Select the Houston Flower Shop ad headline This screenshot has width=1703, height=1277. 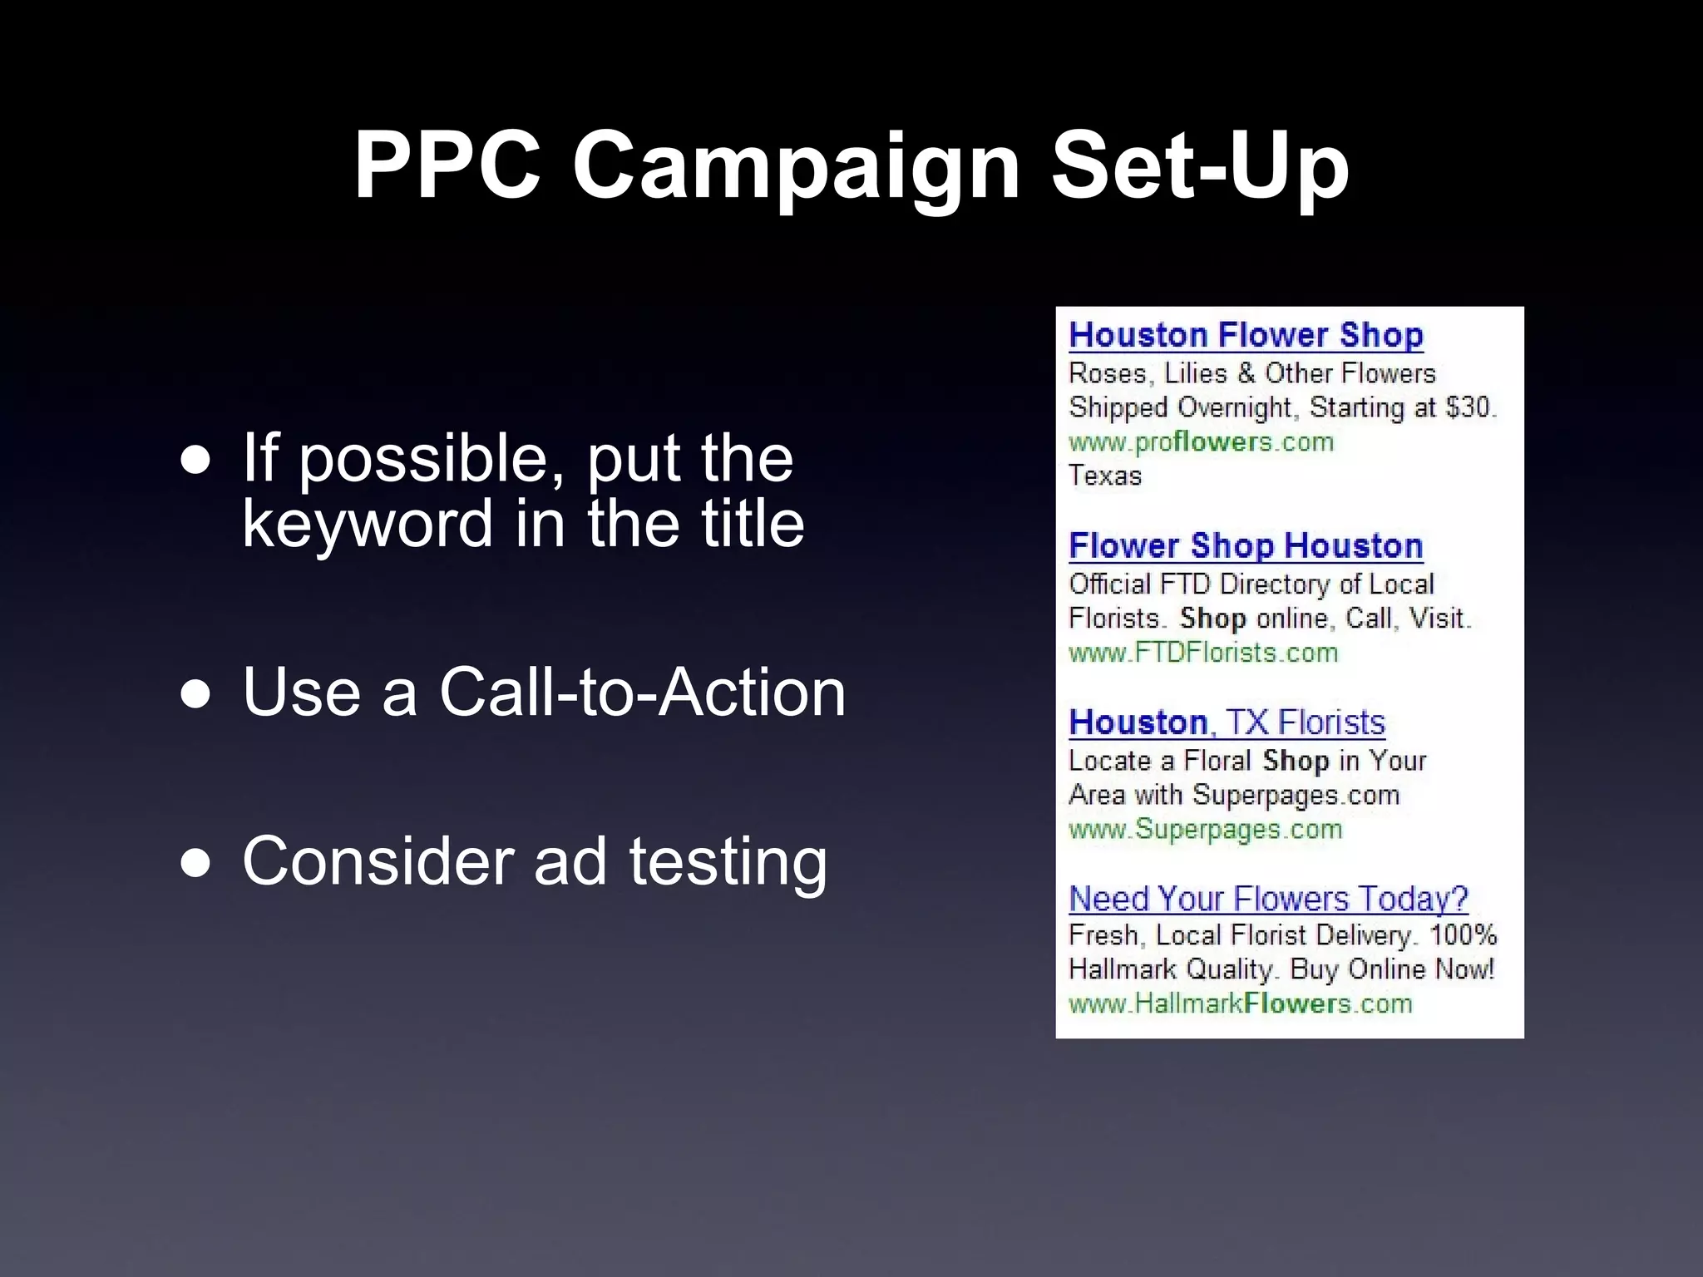pos(1246,335)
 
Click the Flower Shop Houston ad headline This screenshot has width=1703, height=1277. pos(1246,546)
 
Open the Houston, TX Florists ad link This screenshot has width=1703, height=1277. pos(1227,722)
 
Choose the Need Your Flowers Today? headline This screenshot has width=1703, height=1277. pos(1268,899)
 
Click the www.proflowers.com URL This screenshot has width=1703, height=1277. pos(1201,441)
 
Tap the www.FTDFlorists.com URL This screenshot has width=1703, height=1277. pos(1203,653)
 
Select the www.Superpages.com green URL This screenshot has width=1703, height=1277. pos(1205,829)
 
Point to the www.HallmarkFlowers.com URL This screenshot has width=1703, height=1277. pos(1240,1003)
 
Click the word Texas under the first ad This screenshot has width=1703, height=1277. pos(1105,476)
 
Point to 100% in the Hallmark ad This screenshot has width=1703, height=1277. pos(1463,934)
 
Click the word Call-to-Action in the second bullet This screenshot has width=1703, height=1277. pos(642,692)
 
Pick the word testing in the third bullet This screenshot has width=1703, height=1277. pos(728,863)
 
